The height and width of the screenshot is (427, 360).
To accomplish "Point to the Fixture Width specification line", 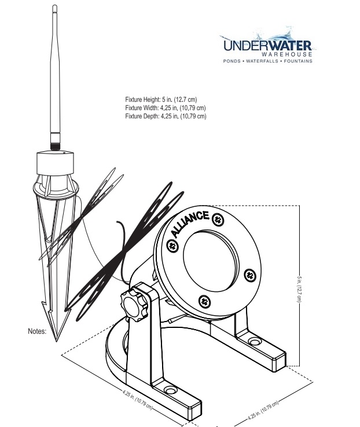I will pyautogui.click(x=165, y=108).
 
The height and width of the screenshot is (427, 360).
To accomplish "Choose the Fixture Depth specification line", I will pyautogui.click(x=165, y=116).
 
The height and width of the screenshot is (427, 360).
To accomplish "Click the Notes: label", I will pyautogui.click(x=37, y=332).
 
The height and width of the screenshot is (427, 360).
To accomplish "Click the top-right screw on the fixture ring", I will pyautogui.click(x=217, y=219).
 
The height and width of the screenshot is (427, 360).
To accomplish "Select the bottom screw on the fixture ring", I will pyautogui.click(x=204, y=300).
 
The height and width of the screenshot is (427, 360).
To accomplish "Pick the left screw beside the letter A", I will pyautogui.click(x=172, y=246).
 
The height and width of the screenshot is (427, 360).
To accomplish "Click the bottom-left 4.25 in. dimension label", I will pyautogui.click(x=137, y=400).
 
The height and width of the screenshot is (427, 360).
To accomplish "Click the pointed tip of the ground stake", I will pyautogui.click(x=57, y=341).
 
